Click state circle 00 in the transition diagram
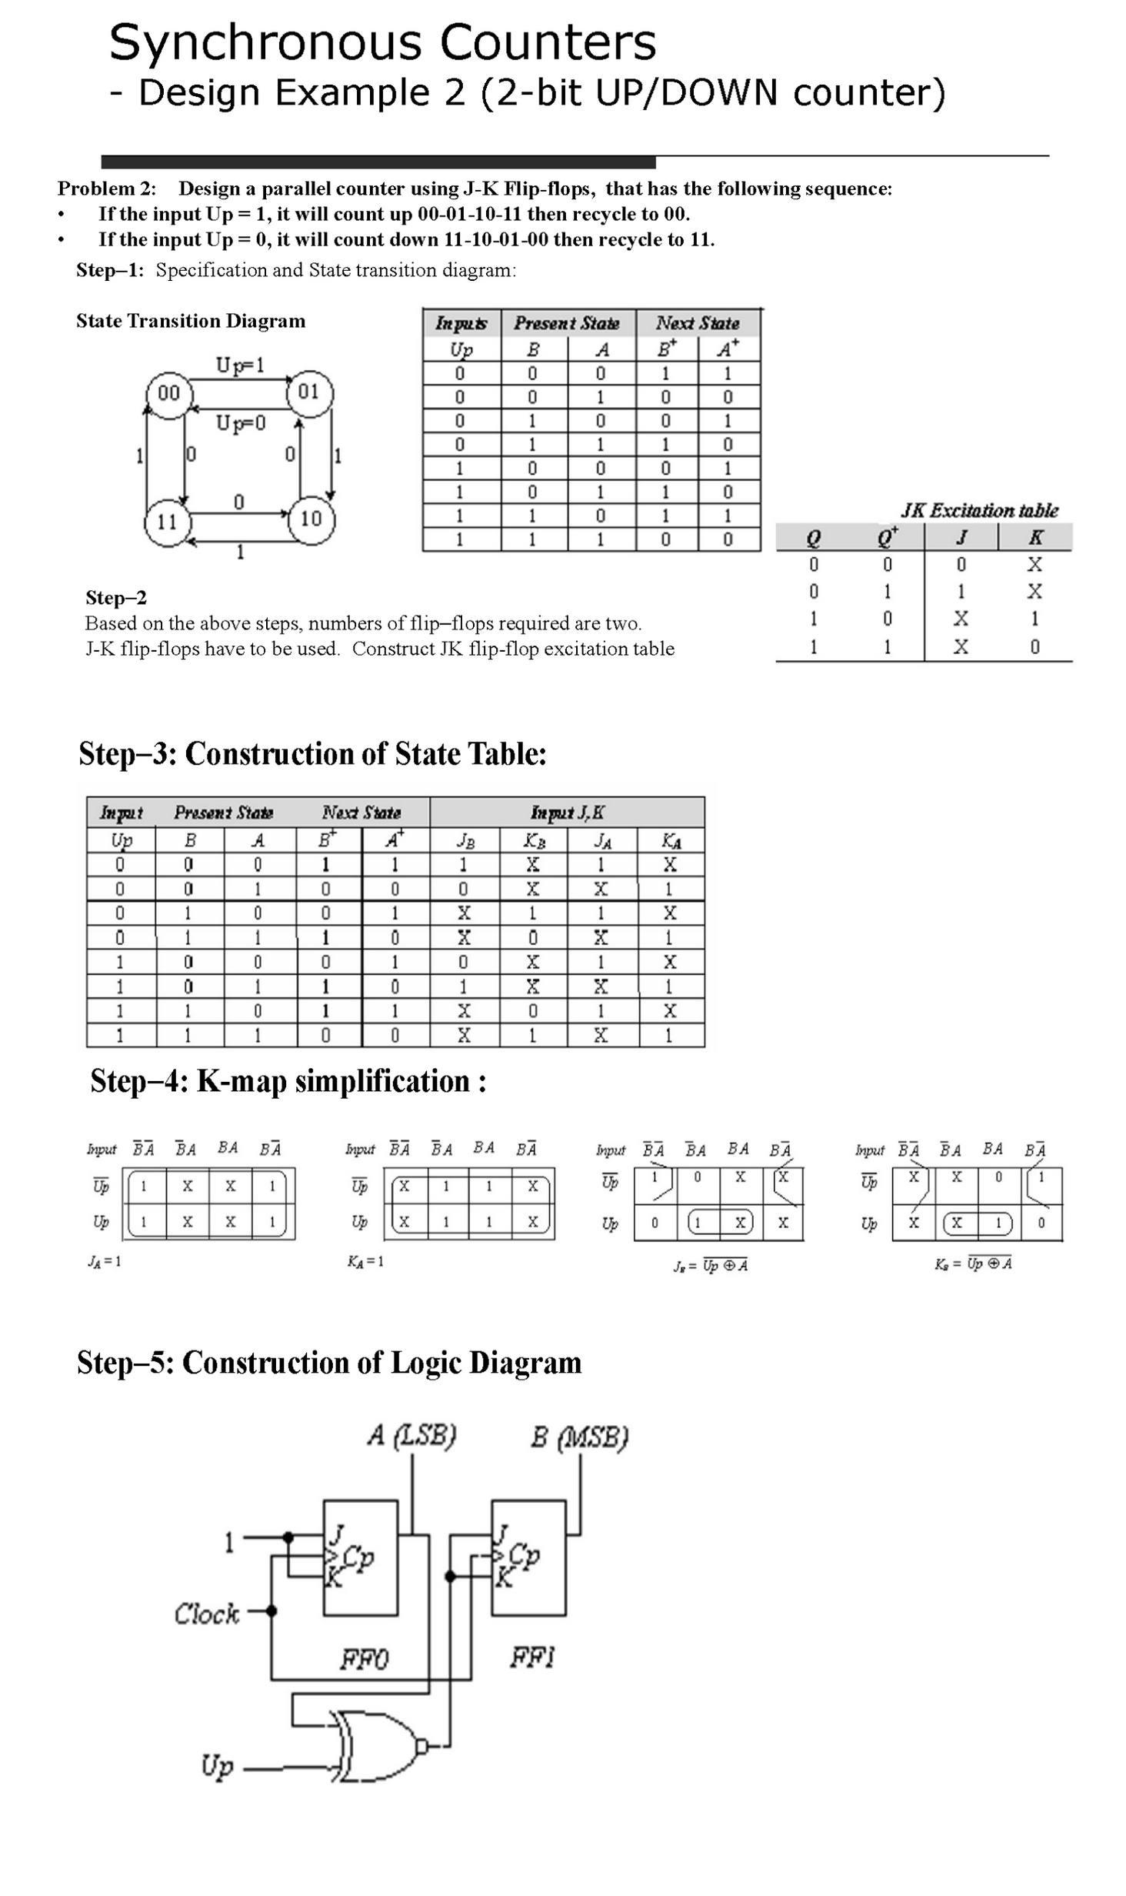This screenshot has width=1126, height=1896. coord(168,394)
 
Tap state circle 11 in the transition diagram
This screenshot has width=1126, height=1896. coord(167,522)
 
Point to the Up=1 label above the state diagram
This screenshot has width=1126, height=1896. coord(240,365)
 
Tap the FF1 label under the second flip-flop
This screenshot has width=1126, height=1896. coord(532,1657)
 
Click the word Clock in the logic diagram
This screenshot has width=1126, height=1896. coord(206,1614)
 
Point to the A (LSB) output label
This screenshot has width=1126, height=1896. coord(412,1435)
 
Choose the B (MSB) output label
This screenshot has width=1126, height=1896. coord(579,1437)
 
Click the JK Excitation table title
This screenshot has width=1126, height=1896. coord(979,510)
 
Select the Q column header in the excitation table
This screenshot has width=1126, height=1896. coord(813,537)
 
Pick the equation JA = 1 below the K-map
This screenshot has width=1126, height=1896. coord(104,1261)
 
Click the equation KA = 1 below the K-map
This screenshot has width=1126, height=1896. coord(365,1261)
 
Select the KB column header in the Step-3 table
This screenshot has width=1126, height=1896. coord(534,840)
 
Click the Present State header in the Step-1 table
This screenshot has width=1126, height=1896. coord(566,323)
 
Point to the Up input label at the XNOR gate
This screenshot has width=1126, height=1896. coord(217,1766)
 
